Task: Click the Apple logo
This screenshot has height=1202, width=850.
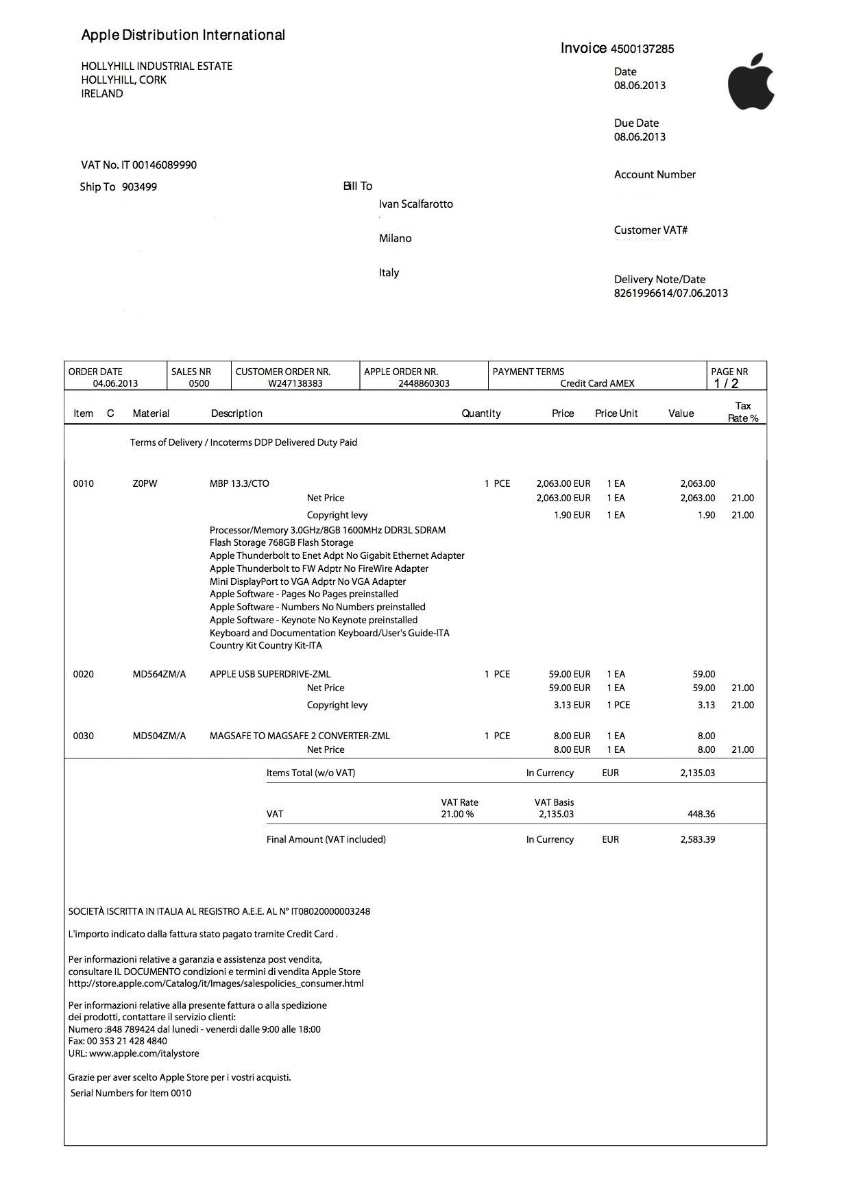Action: tap(751, 82)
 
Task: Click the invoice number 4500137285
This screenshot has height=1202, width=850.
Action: tap(642, 49)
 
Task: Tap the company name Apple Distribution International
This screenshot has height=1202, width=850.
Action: tap(183, 35)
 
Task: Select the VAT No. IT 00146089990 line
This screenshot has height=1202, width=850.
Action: tap(139, 165)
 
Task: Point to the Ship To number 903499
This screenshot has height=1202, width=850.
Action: tap(139, 187)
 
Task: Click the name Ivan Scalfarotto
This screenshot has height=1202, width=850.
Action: tap(416, 204)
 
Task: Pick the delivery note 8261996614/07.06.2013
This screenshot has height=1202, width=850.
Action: tap(670, 293)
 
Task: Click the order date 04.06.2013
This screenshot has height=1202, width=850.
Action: tap(115, 384)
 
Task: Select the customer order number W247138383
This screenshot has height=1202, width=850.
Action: tap(295, 384)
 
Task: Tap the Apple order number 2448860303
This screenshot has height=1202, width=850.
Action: tap(424, 384)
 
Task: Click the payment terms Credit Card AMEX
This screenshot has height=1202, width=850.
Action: tap(597, 384)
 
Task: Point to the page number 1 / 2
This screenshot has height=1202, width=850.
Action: tap(726, 384)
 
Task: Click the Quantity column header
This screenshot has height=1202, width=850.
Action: tap(481, 413)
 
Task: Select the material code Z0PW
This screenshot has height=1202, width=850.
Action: tap(145, 484)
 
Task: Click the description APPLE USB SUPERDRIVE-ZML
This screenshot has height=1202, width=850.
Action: tap(270, 675)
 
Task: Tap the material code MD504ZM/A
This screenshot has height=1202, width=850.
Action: tap(159, 736)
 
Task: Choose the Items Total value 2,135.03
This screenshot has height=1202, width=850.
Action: tap(697, 773)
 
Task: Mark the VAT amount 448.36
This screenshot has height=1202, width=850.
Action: tap(701, 815)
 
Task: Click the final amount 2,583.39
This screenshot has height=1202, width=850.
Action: tap(697, 840)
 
